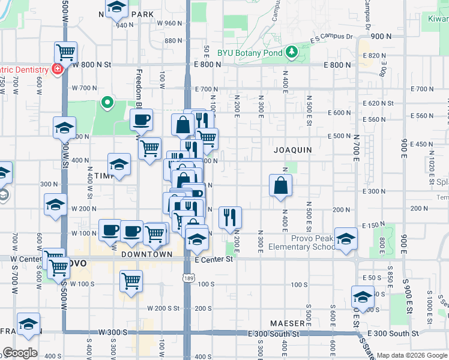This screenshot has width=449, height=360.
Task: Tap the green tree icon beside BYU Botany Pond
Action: [292, 52]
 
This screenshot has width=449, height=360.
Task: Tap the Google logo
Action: [20, 353]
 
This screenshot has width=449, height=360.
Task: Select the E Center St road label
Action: [214, 259]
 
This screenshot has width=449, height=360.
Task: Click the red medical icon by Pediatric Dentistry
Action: [58, 70]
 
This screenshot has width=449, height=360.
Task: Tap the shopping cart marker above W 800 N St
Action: [65, 52]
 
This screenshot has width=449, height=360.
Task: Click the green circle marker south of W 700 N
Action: [107, 103]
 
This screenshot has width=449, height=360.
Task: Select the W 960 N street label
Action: [169, 23]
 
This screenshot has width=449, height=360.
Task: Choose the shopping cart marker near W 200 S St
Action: [130, 280]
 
